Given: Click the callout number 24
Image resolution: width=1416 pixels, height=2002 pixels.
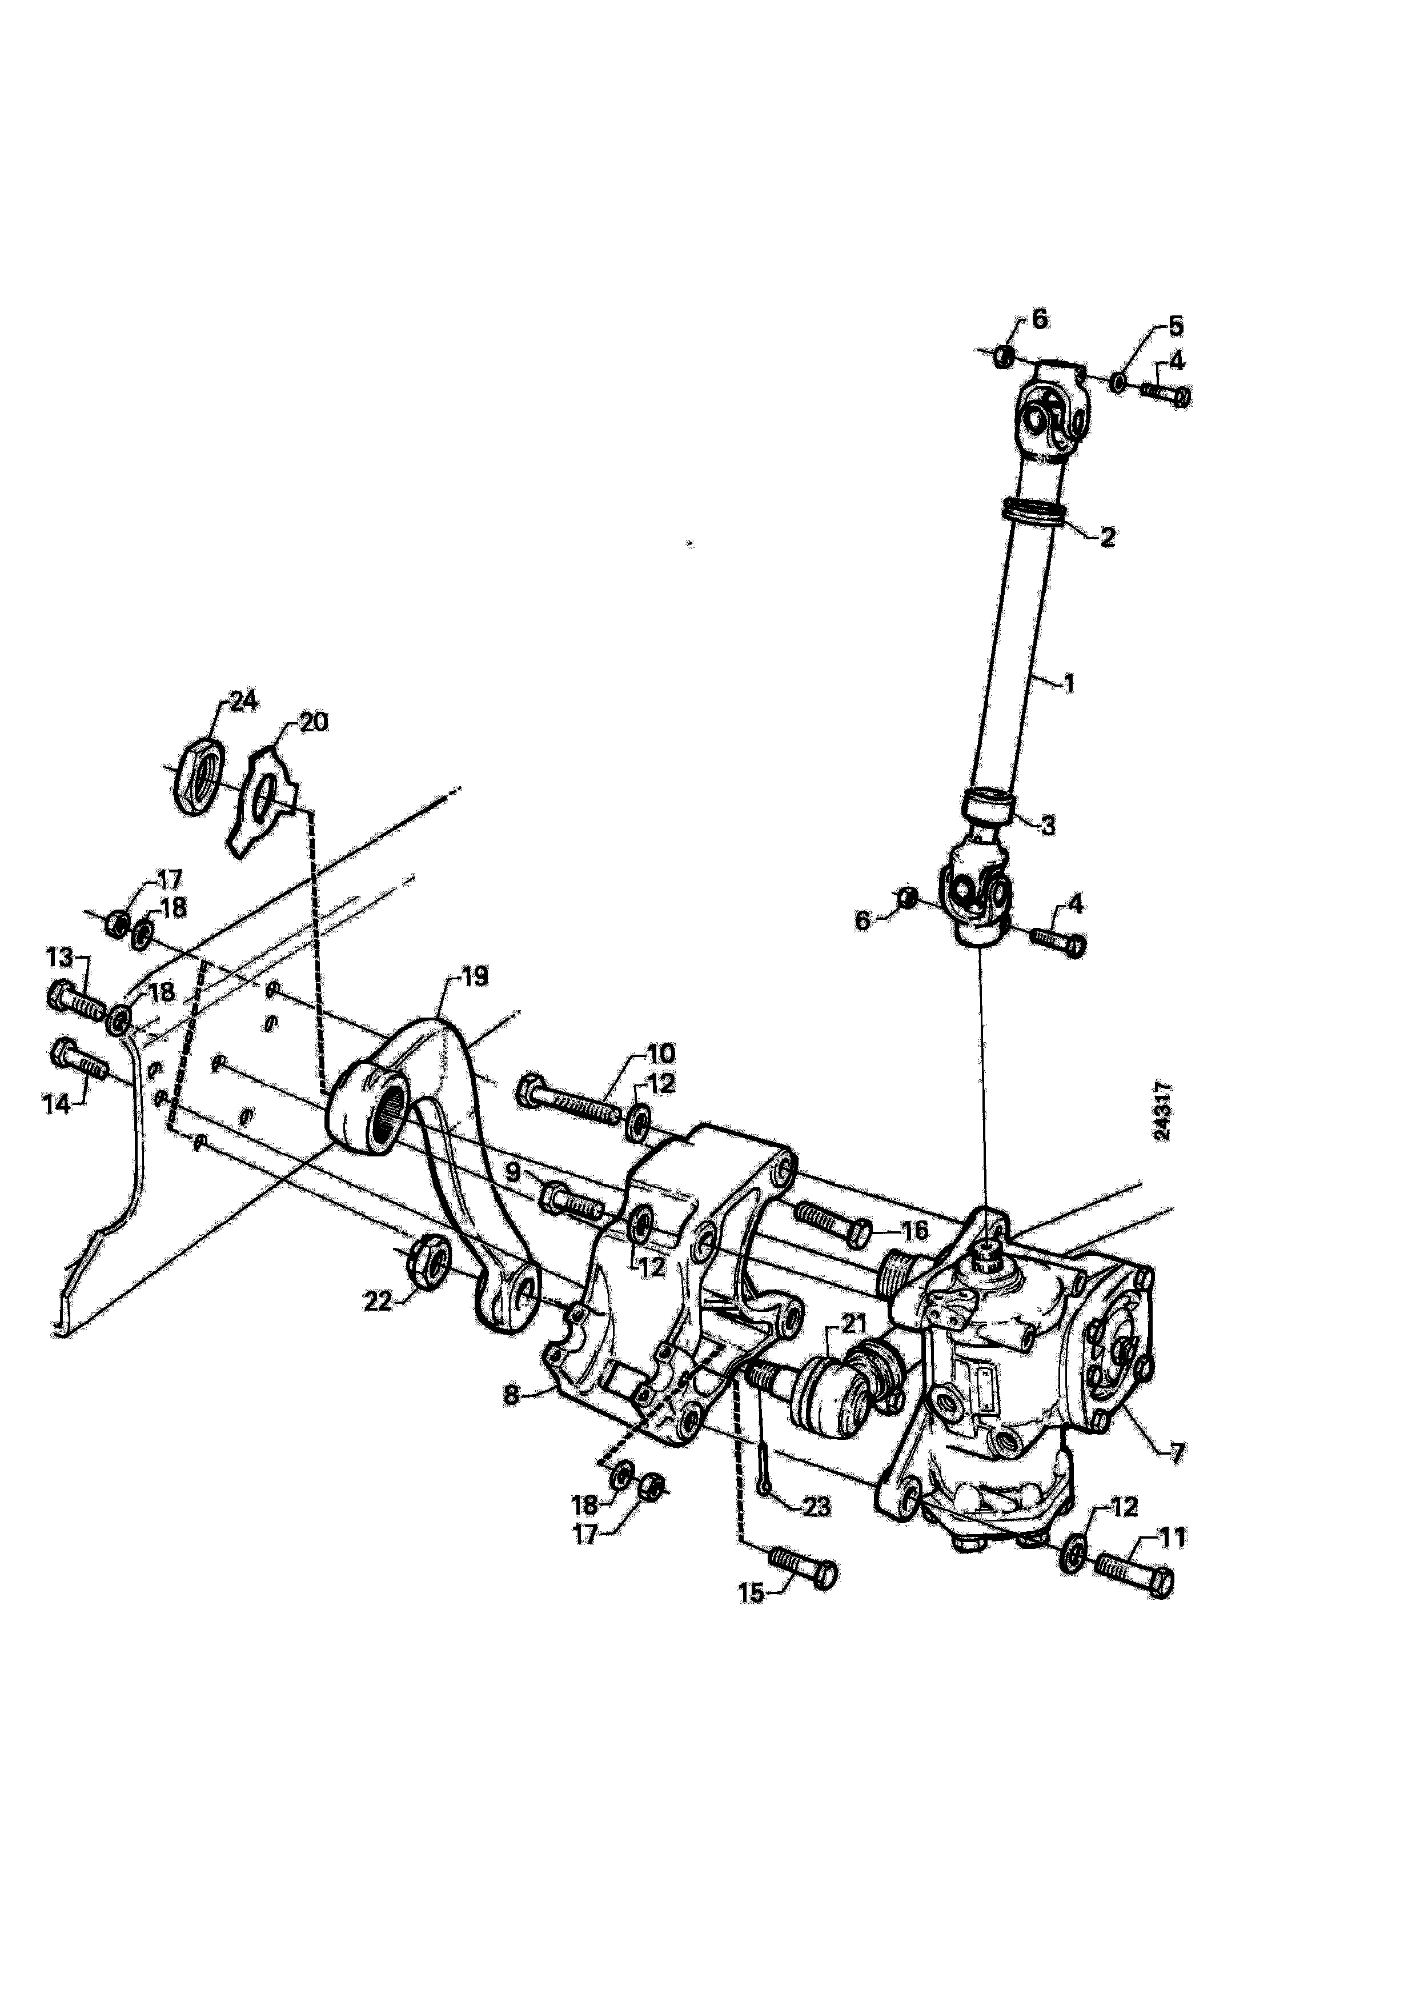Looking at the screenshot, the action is coord(243,702).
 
